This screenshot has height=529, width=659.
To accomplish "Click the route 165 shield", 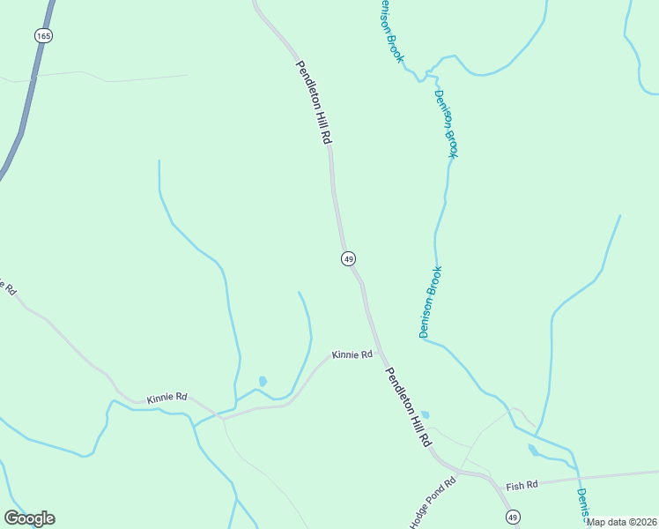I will [44, 35].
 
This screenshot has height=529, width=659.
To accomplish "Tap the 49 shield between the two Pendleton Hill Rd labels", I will [349, 258].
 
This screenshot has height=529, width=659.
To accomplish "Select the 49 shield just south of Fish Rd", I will [513, 516].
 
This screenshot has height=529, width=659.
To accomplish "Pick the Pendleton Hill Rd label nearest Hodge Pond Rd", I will [409, 406].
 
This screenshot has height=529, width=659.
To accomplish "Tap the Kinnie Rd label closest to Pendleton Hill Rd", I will [352, 354].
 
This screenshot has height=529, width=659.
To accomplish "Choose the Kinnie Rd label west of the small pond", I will [167, 398].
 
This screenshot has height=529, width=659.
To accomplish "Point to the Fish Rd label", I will [522, 485].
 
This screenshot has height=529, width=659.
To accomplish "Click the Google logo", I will [30, 518].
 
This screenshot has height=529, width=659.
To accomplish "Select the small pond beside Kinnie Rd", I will [263, 382].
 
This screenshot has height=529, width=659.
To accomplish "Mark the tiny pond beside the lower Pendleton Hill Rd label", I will [425, 414].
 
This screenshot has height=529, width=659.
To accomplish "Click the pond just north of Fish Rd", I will [533, 451].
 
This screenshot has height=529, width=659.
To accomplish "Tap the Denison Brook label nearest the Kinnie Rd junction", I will [430, 302].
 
